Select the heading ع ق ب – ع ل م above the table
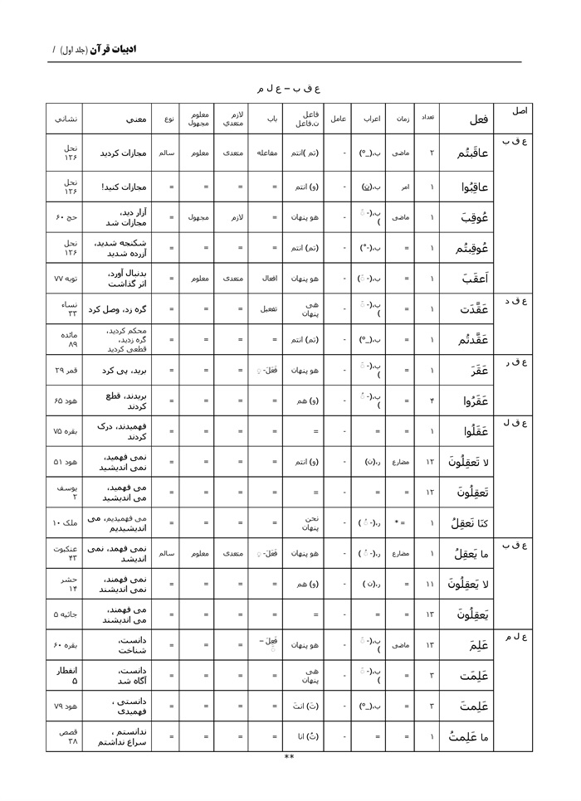289,87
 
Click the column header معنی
137,119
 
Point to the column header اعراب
370,119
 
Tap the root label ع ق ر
516,362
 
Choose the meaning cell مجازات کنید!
124,187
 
